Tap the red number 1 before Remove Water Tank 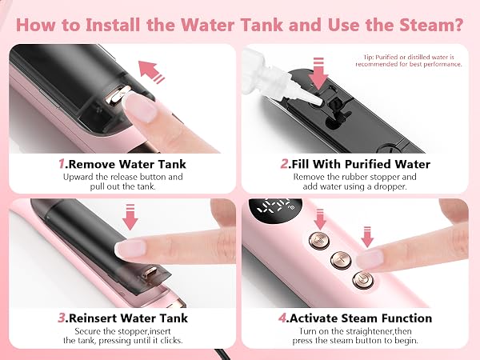(62, 164)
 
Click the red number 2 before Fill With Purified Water (284, 164)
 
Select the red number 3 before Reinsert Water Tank (62, 318)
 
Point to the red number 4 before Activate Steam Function (282, 318)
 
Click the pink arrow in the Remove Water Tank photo (151, 72)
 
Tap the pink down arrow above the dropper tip (318, 74)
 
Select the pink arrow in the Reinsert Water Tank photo (130, 217)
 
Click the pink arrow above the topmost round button (320, 219)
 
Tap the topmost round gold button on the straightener (319, 240)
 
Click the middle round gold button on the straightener (341, 260)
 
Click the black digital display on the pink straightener (275, 211)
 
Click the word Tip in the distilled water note (369, 58)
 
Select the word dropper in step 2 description (390, 186)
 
